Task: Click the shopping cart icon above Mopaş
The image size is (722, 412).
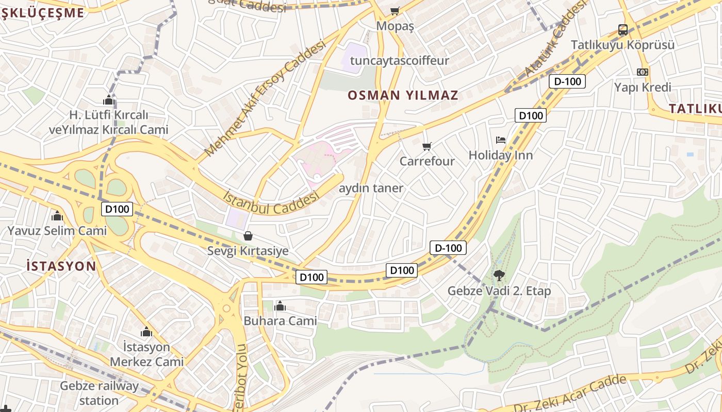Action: [395, 11]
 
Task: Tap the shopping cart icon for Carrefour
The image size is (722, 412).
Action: [426, 147]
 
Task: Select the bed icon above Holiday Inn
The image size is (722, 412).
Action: [500, 140]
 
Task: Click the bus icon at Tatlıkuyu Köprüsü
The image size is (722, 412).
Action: [623, 30]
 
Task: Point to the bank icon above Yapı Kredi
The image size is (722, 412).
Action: [643, 72]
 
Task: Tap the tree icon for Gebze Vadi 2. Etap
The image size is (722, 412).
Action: [499, 276]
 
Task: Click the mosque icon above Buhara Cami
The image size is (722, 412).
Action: [280, 306]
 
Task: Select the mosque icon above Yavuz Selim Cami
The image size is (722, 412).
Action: [57, 216]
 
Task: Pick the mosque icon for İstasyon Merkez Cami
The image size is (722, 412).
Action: [146, 332]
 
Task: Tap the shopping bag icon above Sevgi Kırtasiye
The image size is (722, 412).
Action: [248, 236]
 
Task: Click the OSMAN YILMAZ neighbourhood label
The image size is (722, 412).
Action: [403, 95]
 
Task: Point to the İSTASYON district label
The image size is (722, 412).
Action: [61, 266]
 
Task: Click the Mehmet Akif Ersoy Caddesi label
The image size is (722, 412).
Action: [266, 98]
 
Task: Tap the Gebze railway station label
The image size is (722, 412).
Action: [99, 393]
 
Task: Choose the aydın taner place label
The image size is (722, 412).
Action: [371, 188]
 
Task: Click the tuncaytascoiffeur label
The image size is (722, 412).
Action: [399, 61]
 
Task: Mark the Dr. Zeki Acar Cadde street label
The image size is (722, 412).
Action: [570, 394]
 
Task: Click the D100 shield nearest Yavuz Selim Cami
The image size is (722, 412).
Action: [118, 209]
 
